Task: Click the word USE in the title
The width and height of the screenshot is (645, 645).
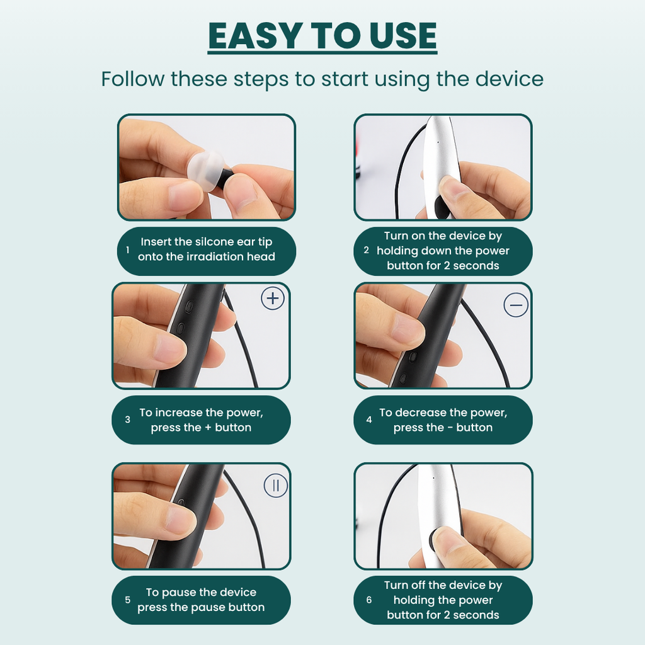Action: [x=402, y=35]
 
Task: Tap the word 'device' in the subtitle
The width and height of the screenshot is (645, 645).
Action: [x=509, y=79]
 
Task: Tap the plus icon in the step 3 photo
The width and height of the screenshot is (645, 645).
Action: [x=273, y=298]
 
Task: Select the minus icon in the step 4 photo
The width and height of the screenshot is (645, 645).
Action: [x=516, y=305]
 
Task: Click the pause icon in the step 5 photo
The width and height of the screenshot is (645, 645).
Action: [x=276, y=486]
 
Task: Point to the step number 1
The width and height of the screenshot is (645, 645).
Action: [x=127, y=249]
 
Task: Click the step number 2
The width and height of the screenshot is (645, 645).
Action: [x=366, y=249]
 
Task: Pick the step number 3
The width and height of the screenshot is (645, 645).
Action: [x=127, y=419]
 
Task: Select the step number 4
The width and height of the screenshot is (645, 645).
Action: [x=369, y=419]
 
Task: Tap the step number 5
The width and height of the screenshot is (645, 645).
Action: [x=127, y=600]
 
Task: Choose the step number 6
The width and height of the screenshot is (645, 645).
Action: [x=369, y=600]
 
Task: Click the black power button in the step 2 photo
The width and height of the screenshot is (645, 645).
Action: [x=441, y=207]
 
